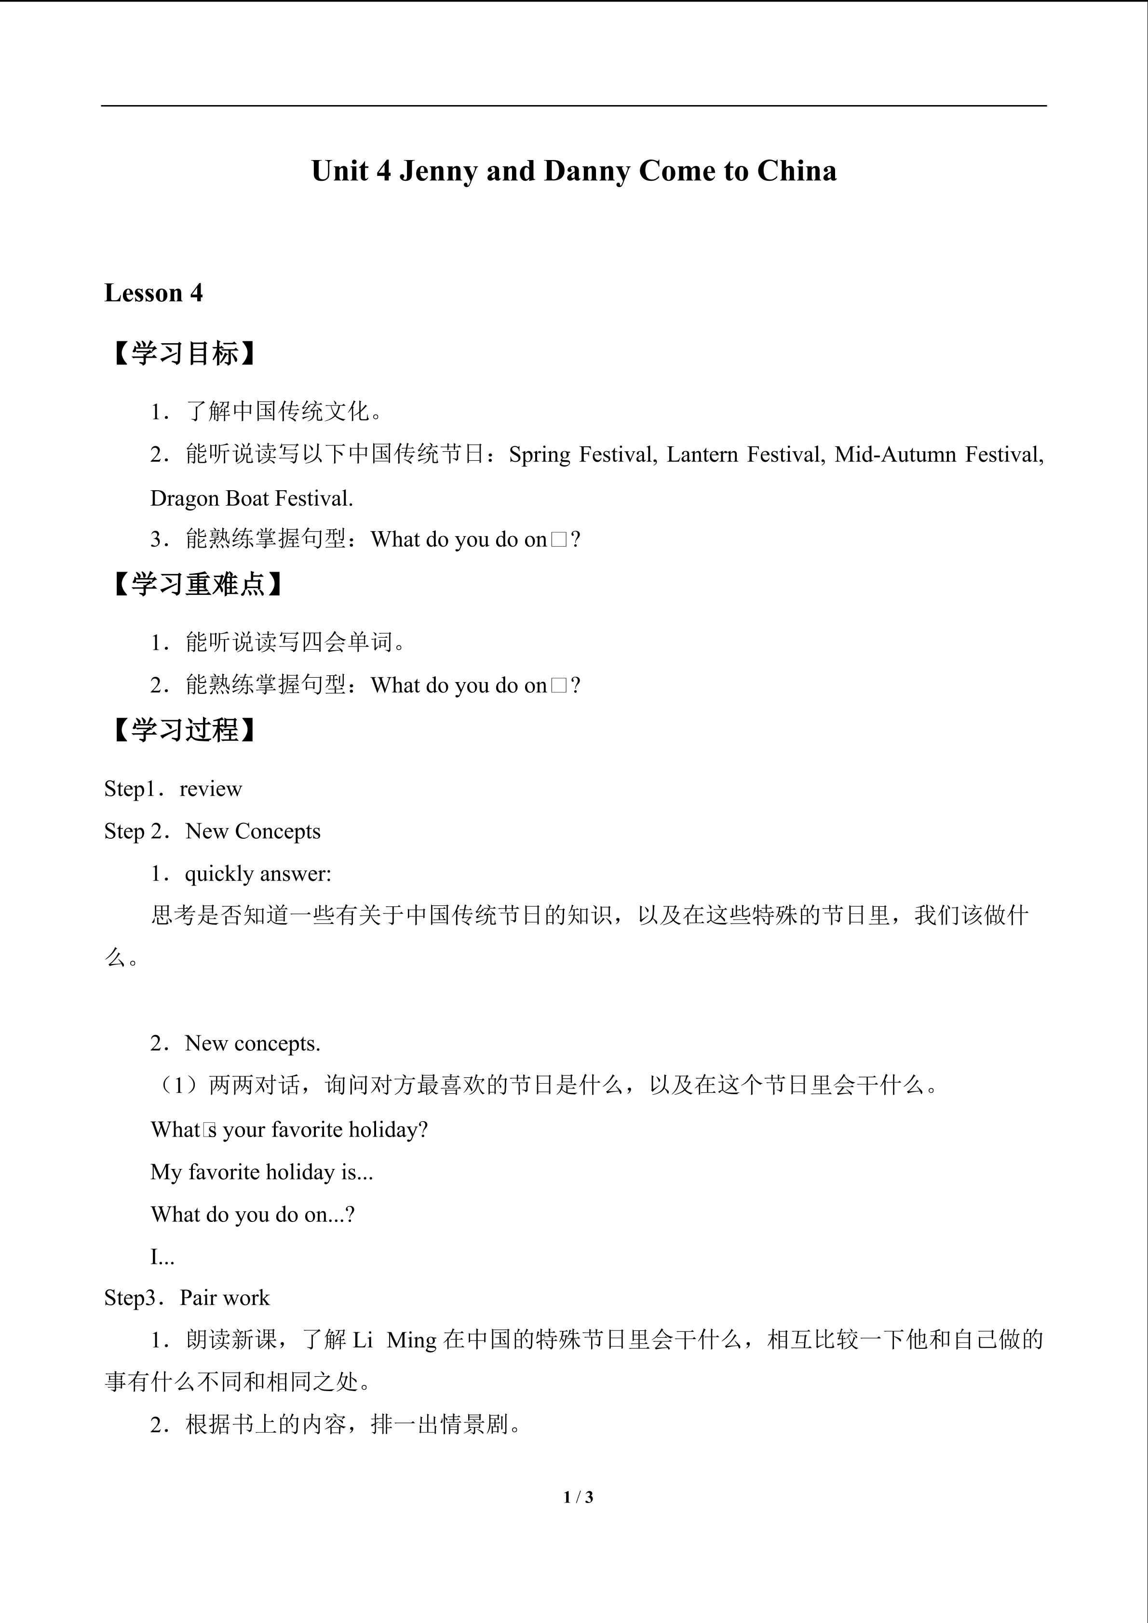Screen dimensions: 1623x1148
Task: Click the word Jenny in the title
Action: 438,172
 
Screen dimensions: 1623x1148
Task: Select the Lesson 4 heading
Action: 153,293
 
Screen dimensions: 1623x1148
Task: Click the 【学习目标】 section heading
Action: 183,353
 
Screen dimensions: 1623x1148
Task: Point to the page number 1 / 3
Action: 578,1497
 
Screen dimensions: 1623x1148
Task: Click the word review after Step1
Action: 211,789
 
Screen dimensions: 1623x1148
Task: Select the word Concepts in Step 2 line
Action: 277,832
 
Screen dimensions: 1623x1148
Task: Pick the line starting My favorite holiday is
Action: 261,1172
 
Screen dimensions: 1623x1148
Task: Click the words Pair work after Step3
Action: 224,1298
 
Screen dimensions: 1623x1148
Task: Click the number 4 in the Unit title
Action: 383,172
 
